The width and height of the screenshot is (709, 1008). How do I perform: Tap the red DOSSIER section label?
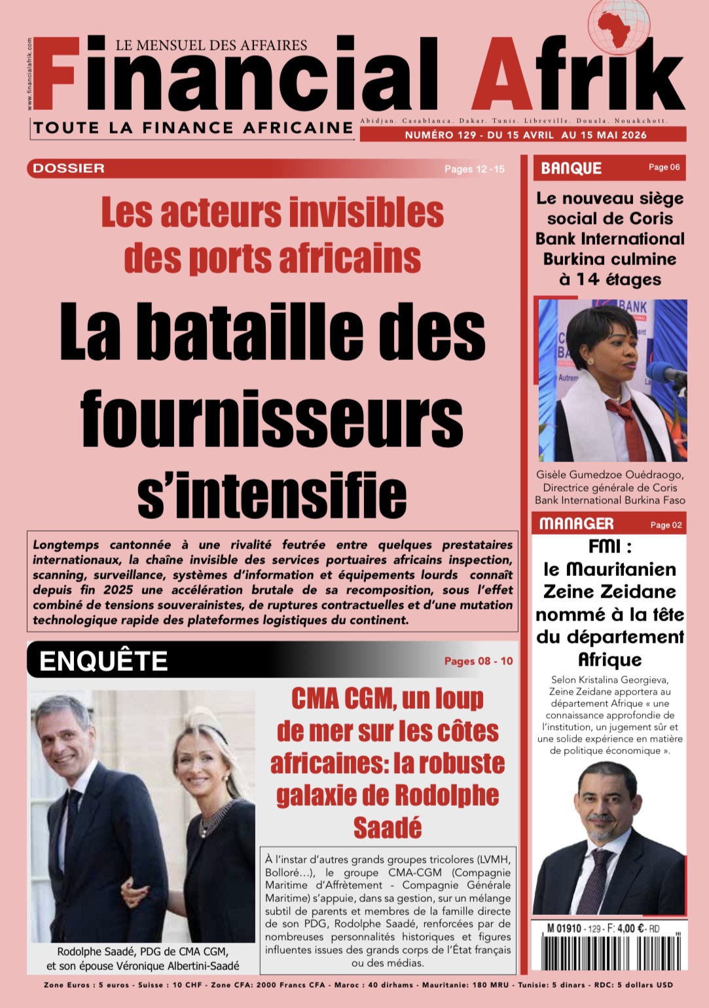69,168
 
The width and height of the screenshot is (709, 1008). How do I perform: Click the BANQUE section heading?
571,168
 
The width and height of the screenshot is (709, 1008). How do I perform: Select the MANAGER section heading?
576,524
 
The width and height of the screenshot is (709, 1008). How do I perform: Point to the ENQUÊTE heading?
103,661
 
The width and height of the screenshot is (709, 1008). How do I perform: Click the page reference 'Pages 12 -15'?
475,169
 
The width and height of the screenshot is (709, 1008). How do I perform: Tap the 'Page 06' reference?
664,168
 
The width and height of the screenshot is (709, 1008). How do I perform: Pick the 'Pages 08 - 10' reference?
479,661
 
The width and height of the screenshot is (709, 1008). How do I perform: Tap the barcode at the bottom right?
609,952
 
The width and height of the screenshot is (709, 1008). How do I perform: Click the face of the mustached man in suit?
609,799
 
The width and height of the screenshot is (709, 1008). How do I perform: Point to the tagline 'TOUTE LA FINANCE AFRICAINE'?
193,128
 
